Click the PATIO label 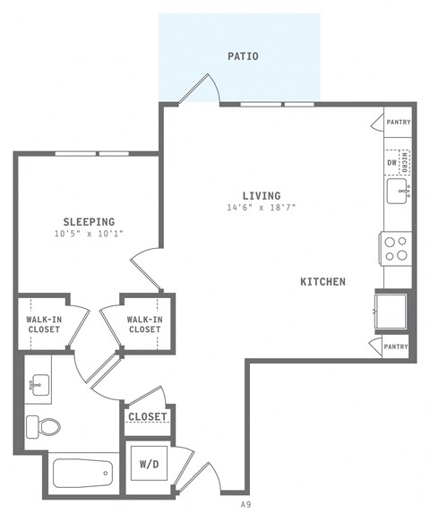(x=242, y=56)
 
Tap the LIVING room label (x=261, y=195)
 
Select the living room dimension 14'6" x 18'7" (x=261, y=208)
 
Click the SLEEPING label (x=89, y=221)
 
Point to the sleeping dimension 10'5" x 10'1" (x=89, y=234)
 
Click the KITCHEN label (x=322, y=281)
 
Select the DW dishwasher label (x=391, y=163)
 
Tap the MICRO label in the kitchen (x=405, y=162)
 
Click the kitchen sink (x=398, y=191)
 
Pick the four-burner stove (x=395, y=248)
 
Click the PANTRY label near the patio (x=398, y=122)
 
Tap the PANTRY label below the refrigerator (x=396, y=346)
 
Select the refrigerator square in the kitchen (x=392, y=312)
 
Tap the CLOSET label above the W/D (x=148, y=417)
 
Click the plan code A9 (x=245, y=505)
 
